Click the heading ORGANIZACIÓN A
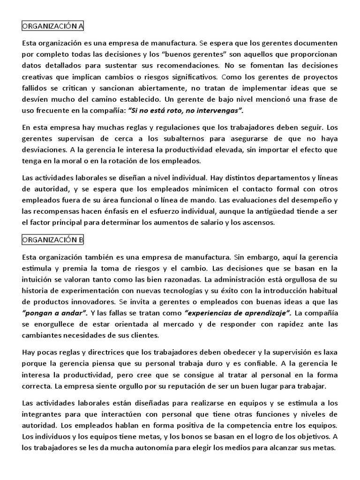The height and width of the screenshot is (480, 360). point(53,26)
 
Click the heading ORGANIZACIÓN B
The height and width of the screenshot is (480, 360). point(53,240)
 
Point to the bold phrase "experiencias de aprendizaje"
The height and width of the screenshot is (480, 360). point(239,313)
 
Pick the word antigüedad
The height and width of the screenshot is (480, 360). point(281,211)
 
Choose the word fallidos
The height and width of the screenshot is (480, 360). point(35,88)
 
